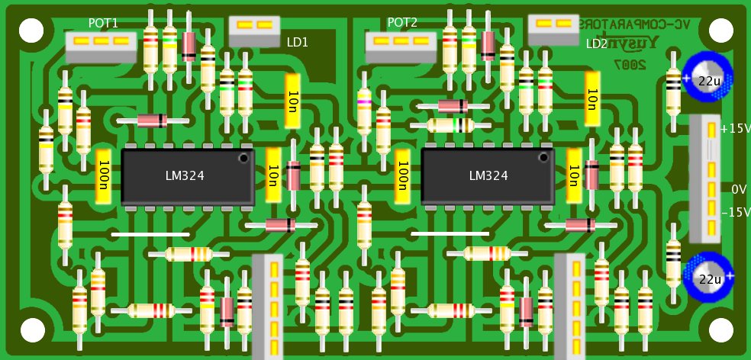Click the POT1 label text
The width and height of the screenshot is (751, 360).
tap(103, 23)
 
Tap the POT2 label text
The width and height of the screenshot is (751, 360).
tap(402, 23)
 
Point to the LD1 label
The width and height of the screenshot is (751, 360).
tap(298, 43)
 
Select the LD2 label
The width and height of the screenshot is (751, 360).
tap(597, 43)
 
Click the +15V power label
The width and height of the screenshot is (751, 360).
tap(736, 129)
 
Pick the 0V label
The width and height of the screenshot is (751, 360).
tap(738, 188)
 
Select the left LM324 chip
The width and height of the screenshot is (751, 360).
tap(188, 176)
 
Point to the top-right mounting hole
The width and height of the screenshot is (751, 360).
tap(720, 30)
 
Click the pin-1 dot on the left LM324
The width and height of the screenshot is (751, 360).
tap(243, 158)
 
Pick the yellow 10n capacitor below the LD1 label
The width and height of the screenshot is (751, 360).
tap(294, 101)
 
